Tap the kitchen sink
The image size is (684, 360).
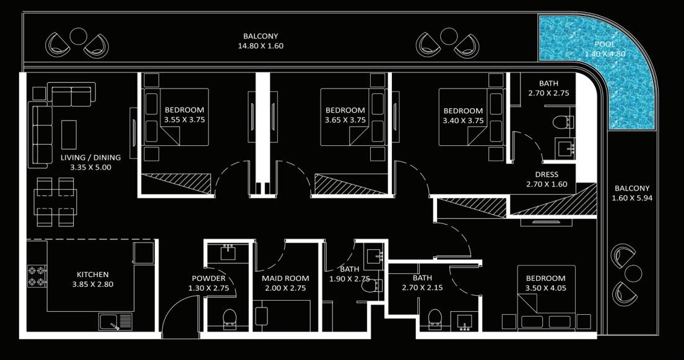[x=116, y=322]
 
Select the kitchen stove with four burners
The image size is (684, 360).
[x=37, y=276]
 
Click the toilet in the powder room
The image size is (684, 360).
[x=229, y=319]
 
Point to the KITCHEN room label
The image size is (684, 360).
[x=92, y=275]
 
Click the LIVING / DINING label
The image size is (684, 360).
[x=90, y=157]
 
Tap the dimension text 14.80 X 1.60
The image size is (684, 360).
[x=261, y=46]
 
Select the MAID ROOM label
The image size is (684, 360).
[x=285, y=278]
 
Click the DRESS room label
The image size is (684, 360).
[x=547, y=174]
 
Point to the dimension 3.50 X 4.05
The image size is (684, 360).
[x=546, y=288]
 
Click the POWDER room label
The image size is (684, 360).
[x=209, y=278]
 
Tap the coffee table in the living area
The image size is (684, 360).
[x=69, y=135]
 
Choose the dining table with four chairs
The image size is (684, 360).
[x=55, y=202]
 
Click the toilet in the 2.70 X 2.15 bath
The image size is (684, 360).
[x=435, y=319]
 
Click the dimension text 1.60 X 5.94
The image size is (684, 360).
[x=632, y=198]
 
